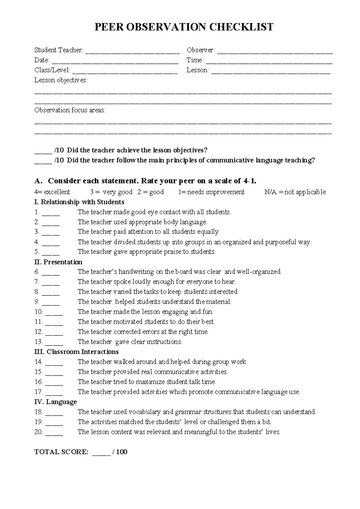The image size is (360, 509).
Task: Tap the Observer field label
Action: pyautogui.click(x=200, y=50)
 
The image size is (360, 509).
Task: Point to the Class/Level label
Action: pyautogui.click(x=52, y=70)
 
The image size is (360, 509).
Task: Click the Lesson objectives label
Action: pyautogui.click(x=61, y=80)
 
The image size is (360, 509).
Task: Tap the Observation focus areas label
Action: pyautogui.click(x=70, y=110)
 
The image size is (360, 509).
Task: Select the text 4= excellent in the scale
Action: pyautogui.click(x=52, y=192)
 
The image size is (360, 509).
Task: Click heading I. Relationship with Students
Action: pyautogui.click(x=79, y=202)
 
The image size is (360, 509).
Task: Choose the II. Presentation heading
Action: pyautogui.click(x=58, y=262)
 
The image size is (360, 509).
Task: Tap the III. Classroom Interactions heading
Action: pyautogui.click(x=76, y=352)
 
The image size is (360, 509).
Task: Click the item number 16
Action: pyautogui.click(x=38, y=382)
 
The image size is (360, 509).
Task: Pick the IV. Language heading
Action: pyautogui.click(x=55, y=402)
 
